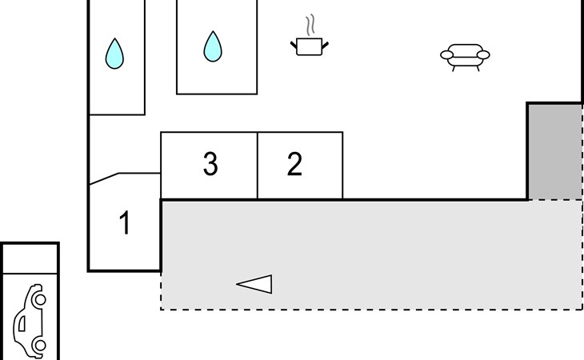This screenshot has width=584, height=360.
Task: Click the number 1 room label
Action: point(125,223)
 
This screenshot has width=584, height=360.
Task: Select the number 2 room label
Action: point(294,164)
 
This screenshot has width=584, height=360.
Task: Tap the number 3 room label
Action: point(210,164)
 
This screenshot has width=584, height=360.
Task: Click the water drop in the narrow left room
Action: point(115,54)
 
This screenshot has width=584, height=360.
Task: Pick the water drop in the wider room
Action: point(212,46)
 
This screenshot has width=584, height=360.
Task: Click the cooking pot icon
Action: point(309,46)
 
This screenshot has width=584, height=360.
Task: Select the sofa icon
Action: point(465,57)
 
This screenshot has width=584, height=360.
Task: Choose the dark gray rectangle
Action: point(554,151)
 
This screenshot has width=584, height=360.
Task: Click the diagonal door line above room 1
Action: point(104,179)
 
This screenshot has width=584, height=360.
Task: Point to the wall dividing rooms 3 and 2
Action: point(258,166)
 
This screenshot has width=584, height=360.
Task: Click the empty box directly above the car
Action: point(30,258)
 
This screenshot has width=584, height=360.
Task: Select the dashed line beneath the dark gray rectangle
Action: point(554,200)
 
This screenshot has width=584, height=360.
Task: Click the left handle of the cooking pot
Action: point(294,41)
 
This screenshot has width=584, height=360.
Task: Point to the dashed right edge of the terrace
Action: point(582,256)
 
